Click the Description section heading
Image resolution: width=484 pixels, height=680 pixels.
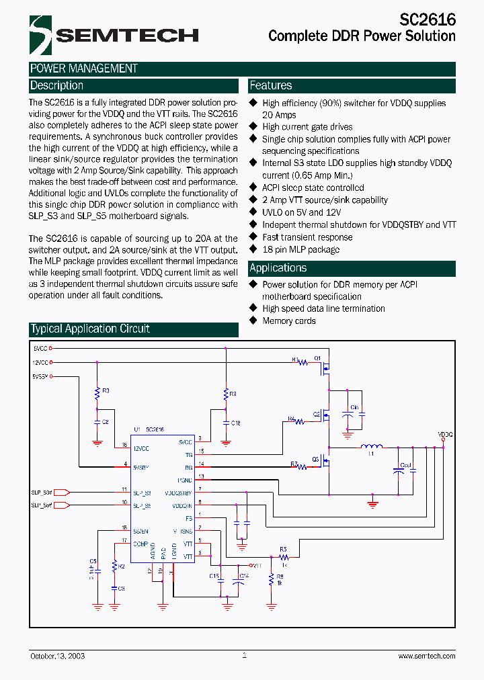[57, 86]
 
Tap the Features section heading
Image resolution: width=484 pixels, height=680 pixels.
[271, 86]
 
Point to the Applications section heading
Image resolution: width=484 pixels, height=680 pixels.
[278, 268]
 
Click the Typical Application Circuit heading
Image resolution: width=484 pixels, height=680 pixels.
[89, 329]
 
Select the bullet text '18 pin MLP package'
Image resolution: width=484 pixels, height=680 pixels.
[300, 249]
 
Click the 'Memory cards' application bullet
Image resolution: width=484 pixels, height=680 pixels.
[289, 321]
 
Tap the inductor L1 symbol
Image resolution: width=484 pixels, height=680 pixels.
[371, 446]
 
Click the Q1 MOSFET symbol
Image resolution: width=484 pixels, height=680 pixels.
[327, 367]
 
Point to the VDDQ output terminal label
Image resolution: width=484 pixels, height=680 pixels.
[445, 435]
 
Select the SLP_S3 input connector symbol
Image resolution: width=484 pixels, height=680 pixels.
[61, 493]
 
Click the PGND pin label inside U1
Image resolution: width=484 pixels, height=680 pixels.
[185, 480]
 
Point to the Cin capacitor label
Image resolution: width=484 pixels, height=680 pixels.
[354, 408]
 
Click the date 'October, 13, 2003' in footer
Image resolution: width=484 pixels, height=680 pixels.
[57, 656]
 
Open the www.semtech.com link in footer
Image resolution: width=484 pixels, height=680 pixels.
[426, 656]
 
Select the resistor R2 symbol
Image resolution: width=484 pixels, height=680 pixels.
[114, 566]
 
